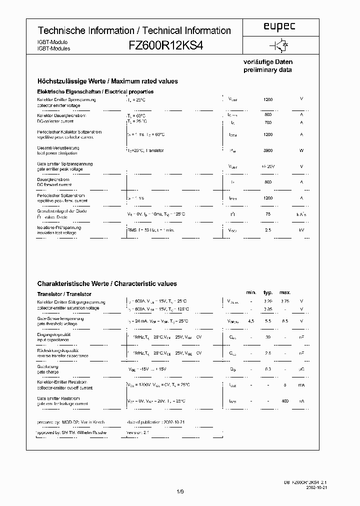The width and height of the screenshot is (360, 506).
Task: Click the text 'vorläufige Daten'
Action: (x=268, y=62)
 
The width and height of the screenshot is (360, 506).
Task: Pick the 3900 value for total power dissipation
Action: (x=268, y=150)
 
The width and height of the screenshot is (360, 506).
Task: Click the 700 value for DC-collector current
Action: (x=268, y=122)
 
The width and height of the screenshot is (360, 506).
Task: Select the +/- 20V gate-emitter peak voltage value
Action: (x=268, y=166)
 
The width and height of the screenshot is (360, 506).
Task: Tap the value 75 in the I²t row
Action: (x=268, y=214)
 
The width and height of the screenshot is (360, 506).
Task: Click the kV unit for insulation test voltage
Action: (x=301, y=230)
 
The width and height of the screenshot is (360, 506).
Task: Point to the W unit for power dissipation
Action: (x=301, y=150)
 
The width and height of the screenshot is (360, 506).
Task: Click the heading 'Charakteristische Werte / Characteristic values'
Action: (x=107, y=284)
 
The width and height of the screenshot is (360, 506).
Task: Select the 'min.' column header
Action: (x=251, y=292)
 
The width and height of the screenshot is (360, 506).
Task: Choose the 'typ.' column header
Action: (x=268, y=292)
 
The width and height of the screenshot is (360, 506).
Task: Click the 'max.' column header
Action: (x=285, y=292)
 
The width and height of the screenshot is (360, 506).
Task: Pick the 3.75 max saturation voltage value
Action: (x=285, y=301)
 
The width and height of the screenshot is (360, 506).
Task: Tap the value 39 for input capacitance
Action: (x=268, y=337)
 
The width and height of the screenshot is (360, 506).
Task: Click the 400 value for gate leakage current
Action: (x=285, y=401)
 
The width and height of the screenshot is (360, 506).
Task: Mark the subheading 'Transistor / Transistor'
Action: (x=64, y=294)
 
